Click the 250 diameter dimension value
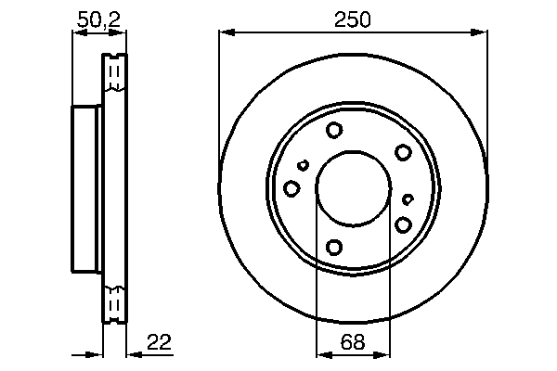pos(354,19)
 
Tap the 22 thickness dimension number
pos(159,342)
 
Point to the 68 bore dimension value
pos(354,342)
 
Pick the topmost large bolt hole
pos(335,131)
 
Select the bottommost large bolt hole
pos(335,247)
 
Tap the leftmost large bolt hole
pos(291,189)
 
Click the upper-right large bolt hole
pos(403,152)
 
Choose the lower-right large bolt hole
pos(403,224)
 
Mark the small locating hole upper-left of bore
pos(303,166)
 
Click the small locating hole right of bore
pos(408,198)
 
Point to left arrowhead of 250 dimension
pos(225,32)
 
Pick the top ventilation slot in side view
pos(114,73)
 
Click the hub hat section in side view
pos(86,188)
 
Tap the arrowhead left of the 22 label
pos(131,353)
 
